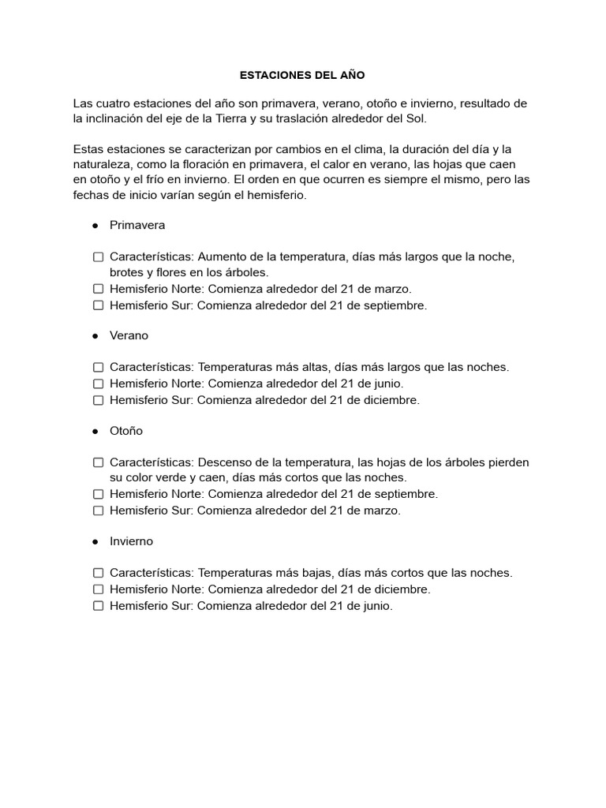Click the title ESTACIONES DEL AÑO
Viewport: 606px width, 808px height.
point(303,75)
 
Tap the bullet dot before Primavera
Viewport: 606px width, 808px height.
point(95,226)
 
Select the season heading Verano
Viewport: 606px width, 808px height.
point(129,335)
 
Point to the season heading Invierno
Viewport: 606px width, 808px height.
point(131,541)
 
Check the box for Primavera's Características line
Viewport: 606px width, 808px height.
point(99,257)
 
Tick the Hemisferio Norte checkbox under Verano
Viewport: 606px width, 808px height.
point(99,383)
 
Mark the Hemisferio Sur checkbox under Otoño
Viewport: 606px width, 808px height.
point(99,511)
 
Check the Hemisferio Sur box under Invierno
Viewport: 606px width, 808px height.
point(99,606)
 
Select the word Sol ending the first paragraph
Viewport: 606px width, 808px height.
point(416,119)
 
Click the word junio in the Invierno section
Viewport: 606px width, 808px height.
point(376,606)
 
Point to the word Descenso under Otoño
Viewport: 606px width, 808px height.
point(223,462)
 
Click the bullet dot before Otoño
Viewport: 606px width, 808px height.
point(95,432)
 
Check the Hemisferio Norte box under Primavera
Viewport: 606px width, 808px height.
point(99,289)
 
